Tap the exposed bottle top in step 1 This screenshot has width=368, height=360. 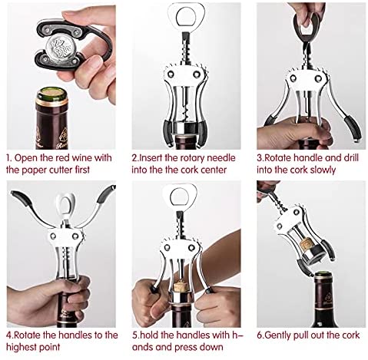(x=52, y=94)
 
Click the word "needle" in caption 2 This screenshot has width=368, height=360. (x=220, y=158)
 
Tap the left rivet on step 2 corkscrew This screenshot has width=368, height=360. (x=171, y=74)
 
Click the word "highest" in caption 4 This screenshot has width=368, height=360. (x=21, y=347)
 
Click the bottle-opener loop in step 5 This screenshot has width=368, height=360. (x=180, y=196)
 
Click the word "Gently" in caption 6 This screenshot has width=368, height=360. (x=277, y=335)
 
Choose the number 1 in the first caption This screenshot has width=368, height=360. (x=8, y=158)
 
